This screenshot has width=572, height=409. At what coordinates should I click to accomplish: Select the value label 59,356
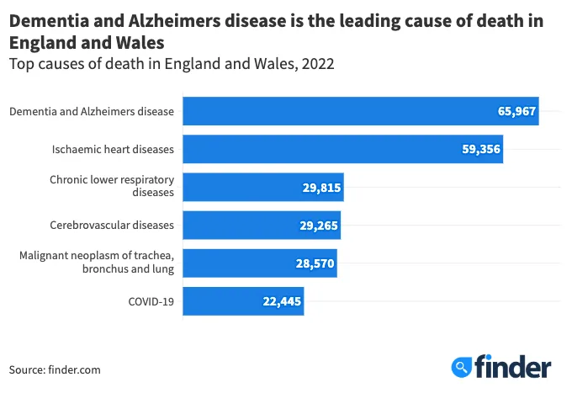click(x=481, y=149)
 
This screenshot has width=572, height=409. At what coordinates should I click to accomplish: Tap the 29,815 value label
click(x=321, y=187)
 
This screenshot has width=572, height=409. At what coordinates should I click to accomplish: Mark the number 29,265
click(x=319, y=225)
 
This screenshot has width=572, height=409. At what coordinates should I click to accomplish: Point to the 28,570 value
click(x=315, y=263)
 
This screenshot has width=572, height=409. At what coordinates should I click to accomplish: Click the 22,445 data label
click(x=282, y=300)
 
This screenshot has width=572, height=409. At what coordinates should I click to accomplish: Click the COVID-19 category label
click(x=151, y=300)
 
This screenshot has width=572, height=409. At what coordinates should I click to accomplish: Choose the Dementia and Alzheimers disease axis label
click(x=92, y=111)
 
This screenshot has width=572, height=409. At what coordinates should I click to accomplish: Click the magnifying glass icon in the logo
click(x=461, y=367)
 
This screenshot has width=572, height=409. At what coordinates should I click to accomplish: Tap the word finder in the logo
click(x=512, y=366)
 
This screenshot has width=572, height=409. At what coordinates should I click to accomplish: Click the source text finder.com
click(x=80, y=369)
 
